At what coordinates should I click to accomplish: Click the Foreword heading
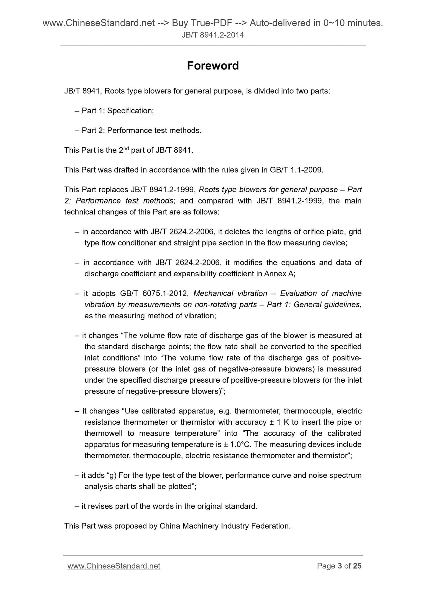click(213, 66)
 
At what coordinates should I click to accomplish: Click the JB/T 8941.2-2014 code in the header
click(213, 35)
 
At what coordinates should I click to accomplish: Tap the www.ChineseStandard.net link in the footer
click(114, 566)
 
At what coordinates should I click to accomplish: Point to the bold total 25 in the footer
click(357, 566)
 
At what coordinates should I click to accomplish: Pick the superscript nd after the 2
click(126, 148)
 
